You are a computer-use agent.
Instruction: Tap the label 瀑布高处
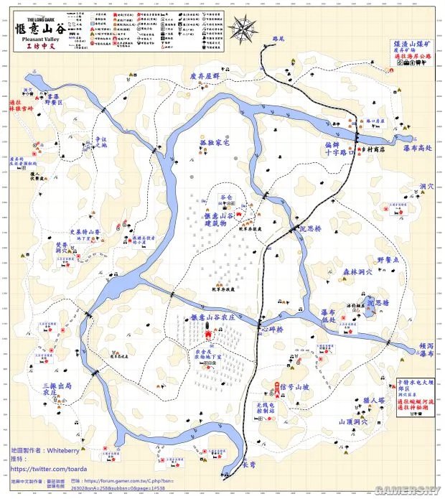point(418,147)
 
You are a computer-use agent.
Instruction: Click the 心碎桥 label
point(272,330)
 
